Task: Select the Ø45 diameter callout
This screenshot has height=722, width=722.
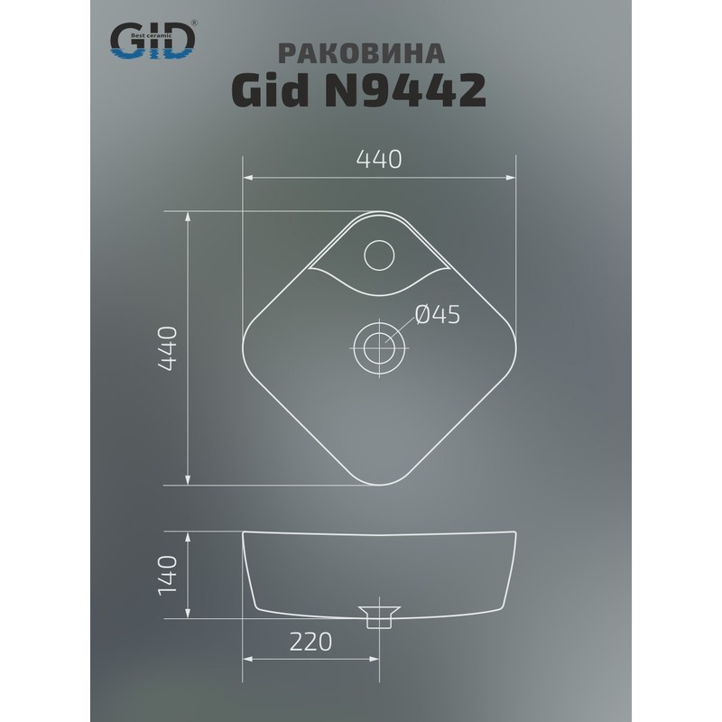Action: pyautogui.click(x=438, y=314)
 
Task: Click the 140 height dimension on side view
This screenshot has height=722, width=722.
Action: pyautogui.click(x=172, y=575)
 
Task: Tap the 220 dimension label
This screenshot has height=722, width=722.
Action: pyautogui.click(x=310, y=642)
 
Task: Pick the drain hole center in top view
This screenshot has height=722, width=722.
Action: pyautogui.click(x=379, y=345)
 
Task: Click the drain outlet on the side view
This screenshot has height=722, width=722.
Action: pyautogui.click(x=379, y=616)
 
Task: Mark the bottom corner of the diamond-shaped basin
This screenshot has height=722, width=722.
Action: pyautogui.click(x=379, y=481)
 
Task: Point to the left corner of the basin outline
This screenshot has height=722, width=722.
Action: pyautogui.click(x=246, y=347)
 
